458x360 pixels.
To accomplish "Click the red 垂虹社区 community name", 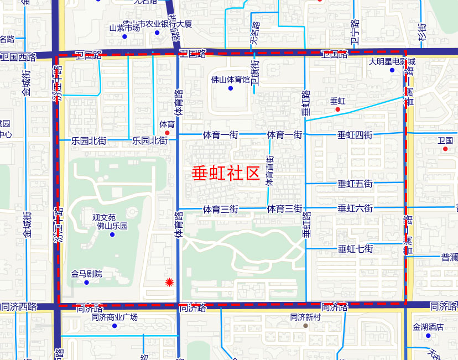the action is click(226, 173).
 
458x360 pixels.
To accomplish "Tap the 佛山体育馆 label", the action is click(231, 79).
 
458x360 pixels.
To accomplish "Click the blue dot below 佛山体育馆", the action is click(231, 88).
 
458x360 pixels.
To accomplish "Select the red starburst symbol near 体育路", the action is click(170, 283).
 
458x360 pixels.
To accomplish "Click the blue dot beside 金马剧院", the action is click(86, 283).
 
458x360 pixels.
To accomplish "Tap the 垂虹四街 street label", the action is click(355, 134).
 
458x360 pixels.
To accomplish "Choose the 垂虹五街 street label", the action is click(355, 183).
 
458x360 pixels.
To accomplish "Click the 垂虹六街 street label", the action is click(355, 208).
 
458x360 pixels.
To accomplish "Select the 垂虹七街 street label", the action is click(355, 249).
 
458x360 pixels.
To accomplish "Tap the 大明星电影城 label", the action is click(392, 61).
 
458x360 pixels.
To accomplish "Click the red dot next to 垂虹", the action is click(337, 109).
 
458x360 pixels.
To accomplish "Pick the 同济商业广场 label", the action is click(114, 317).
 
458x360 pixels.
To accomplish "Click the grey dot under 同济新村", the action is click(305, 326).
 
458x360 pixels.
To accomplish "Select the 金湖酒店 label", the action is click(428, 327).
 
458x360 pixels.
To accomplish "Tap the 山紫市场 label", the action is click(124, 28).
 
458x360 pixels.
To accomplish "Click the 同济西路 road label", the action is click(18, 306).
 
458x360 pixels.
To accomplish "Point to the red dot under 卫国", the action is click(445, 149).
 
